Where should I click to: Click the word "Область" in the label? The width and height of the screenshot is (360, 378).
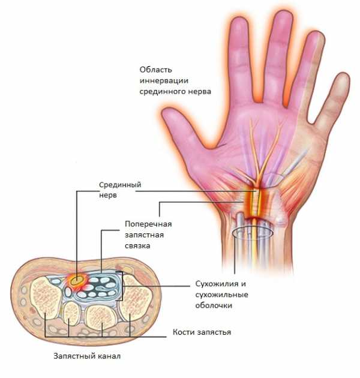click(156, 70)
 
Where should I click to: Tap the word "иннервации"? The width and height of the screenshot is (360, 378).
click(164, 80)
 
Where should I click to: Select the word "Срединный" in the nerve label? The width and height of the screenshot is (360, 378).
click(120, 185)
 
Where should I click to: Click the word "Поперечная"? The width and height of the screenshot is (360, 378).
click(148, 224)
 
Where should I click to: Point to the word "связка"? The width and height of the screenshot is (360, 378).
click(137, 246)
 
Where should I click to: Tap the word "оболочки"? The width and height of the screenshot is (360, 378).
click(214, 305)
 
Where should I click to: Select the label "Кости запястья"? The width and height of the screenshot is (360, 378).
click(202, 332)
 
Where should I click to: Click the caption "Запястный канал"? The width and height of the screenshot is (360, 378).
click(87, 356)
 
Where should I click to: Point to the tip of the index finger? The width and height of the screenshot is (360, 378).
click(239, 20)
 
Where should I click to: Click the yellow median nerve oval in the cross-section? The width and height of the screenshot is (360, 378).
click(77, 280)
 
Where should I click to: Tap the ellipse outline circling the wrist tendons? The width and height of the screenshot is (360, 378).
click(253, 227)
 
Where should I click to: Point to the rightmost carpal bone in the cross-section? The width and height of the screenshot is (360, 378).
click(134, 298)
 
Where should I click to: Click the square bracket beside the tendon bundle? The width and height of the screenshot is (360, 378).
click(122, 286)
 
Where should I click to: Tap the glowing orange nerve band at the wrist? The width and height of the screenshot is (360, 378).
click(256, 201)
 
